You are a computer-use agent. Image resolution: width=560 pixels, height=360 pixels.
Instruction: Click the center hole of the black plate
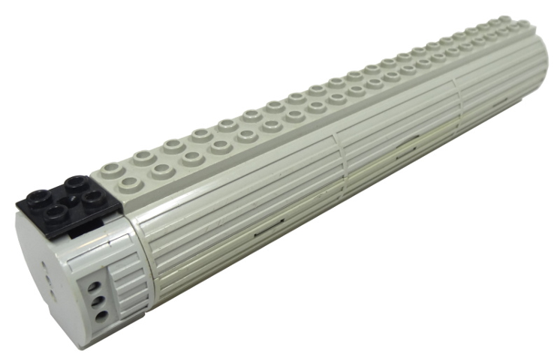[64, 199]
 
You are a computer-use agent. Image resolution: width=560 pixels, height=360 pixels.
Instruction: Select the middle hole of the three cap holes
[98, 300]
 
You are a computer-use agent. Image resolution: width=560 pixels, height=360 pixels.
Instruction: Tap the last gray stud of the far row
[503, 24]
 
